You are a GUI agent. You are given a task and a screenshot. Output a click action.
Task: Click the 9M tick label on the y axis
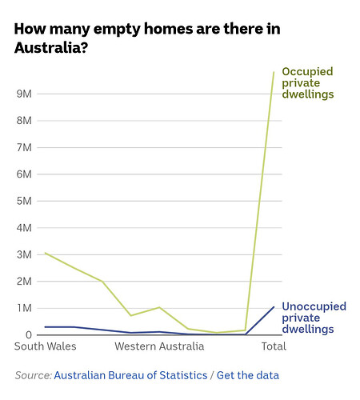(x=24, y=94)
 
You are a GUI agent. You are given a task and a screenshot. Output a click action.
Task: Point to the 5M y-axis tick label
(x=24, y=201)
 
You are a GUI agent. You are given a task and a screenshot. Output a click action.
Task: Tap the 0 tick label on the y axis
(x=29, y=335)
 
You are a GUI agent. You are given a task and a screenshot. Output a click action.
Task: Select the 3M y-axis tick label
(x=24, y=254)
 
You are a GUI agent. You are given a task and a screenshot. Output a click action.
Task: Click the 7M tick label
(x=24, y=147)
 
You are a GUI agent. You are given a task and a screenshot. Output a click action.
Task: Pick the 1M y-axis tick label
(x=25, y=308)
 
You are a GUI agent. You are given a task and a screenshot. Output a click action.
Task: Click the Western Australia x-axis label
(x=159, y=346)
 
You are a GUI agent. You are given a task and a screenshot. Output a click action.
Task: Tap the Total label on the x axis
(x=274, y=346)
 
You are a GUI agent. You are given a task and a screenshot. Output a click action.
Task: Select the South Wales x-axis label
(x=46, y=346)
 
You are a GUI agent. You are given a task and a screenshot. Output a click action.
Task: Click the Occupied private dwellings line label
(x=308, y=83)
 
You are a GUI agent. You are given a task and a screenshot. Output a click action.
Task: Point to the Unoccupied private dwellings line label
(x=314, y=318)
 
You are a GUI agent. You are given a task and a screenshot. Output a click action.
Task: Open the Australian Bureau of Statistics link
(x=130, y=375)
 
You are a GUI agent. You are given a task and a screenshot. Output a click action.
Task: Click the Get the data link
(x=248, y=375)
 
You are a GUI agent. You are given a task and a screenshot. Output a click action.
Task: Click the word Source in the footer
(x=33, y=375)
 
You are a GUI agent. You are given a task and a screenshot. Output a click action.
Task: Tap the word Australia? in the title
(x=51, y=48)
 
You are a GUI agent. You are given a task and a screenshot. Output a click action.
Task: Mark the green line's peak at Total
(x=274, y=72)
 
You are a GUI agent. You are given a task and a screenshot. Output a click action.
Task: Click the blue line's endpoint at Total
(x=274, y=307)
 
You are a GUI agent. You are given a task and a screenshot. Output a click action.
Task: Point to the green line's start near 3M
(x=45, y=253)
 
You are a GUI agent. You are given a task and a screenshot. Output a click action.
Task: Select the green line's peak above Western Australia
(x=159, y=307)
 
